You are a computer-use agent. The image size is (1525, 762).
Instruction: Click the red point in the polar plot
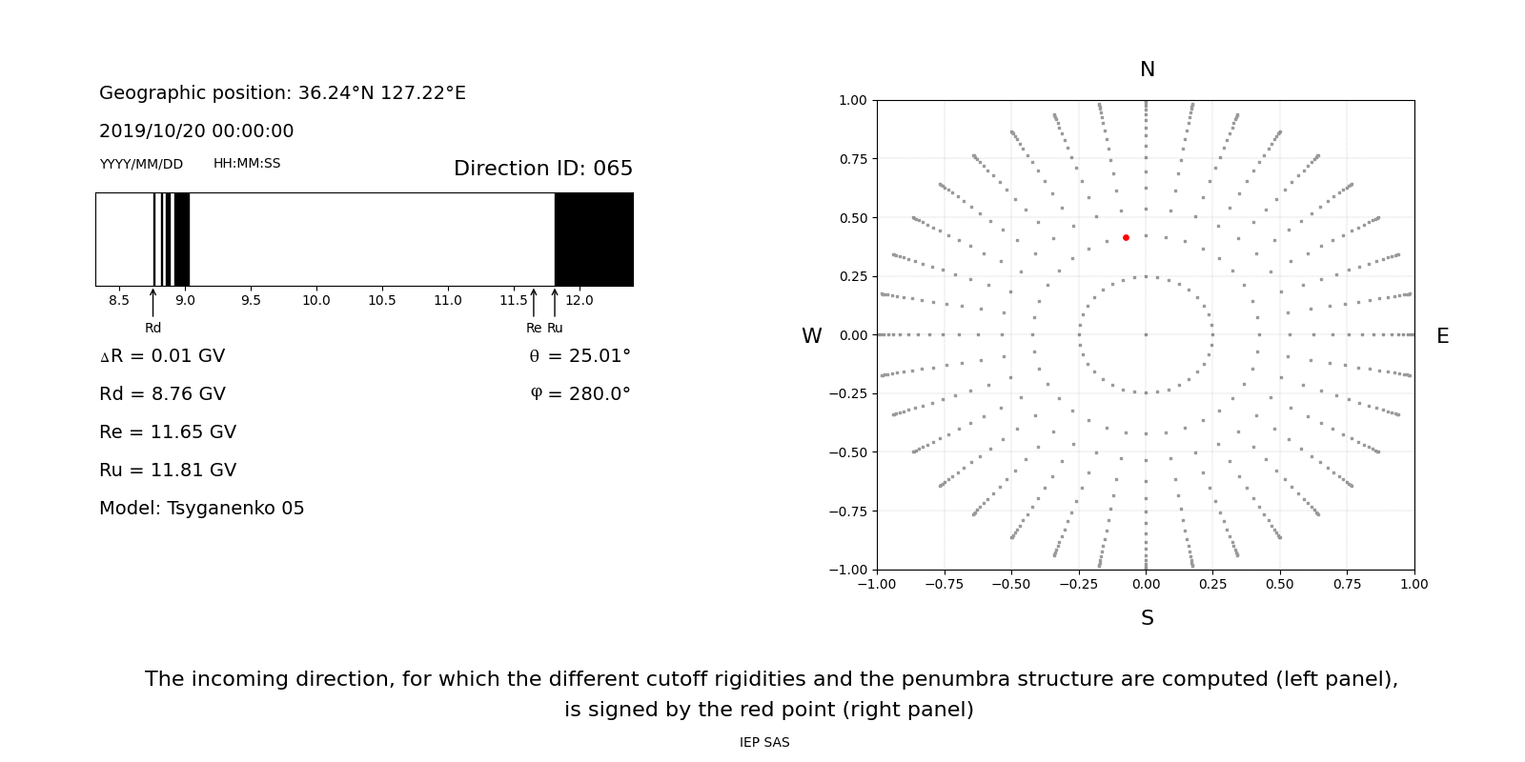tap(1126, 237)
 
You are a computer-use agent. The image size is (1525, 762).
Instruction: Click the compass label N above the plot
tap(1147, 70)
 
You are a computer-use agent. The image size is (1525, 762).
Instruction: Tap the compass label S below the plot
tap(1147, 618)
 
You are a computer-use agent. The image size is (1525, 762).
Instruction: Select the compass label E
tap(1442, 336)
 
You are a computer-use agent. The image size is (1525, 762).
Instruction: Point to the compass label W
tap(811, 336)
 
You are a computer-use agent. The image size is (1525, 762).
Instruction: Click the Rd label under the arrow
tap(152, 328)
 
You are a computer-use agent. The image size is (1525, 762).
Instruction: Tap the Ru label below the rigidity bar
tap(555, 328)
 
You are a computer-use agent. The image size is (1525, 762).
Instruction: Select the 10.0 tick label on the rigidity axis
tap(316, 300)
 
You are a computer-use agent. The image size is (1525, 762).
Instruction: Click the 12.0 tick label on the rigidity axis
tap(579, 300)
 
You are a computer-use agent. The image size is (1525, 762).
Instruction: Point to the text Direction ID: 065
tap(543, 169)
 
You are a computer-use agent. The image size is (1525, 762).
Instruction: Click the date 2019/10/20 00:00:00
tap(196, 131)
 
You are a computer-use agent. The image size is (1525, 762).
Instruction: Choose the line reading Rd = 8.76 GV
tap(162, 394)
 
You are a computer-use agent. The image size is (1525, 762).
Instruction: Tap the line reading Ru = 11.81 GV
tap(168, 471)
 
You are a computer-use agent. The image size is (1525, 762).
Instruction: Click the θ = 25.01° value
tap(579, 356)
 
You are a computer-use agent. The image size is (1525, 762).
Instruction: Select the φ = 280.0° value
tap(579, 394)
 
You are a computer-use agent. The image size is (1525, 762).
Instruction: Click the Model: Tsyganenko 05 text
tap(202, 509)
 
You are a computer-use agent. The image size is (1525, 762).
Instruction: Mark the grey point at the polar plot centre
tap(1146, 334)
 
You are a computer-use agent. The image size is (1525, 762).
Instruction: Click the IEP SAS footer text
tap(764, 742)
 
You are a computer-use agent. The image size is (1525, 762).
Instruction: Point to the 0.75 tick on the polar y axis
tap(852, 159)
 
